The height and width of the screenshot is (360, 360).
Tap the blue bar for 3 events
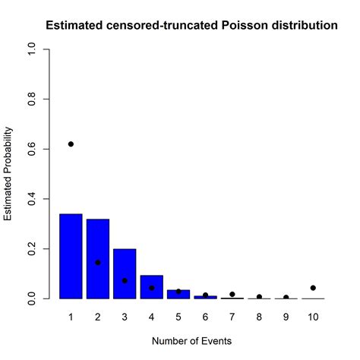pos(125,273)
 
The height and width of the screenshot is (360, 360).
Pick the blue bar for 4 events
pos(151,287)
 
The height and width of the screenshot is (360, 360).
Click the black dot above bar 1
pos(71,144)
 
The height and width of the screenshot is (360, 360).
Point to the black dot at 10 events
pos(313,288)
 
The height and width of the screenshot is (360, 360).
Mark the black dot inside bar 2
pos(98,263)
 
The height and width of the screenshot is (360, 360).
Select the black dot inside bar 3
pos(125,280)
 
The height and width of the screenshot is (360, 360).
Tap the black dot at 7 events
pos(232,294)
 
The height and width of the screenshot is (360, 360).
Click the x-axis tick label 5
pos(178,315)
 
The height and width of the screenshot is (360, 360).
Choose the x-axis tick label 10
pos(313,315)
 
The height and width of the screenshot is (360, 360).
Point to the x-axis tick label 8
pos(259,315)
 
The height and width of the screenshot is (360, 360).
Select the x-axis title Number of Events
pos(191,342)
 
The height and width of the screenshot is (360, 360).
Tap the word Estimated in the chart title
pos(74,26)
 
